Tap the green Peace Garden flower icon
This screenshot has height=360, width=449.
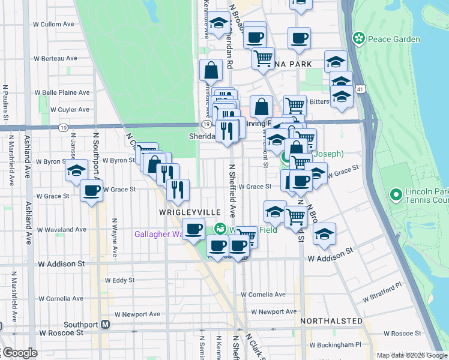[x=359, y=38]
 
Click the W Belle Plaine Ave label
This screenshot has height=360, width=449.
[x=62, y=92]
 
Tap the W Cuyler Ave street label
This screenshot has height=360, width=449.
[x=70, y=110]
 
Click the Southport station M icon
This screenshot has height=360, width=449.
[x=106, y=325]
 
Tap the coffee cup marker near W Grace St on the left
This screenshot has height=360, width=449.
[x=91, y=191]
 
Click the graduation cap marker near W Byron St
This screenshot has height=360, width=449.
[x=77, y=170]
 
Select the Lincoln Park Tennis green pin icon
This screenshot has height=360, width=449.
[x=396, y=194]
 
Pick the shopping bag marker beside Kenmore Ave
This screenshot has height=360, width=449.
[x=211, y=71]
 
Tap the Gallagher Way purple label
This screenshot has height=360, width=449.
[x=157, y=234]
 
